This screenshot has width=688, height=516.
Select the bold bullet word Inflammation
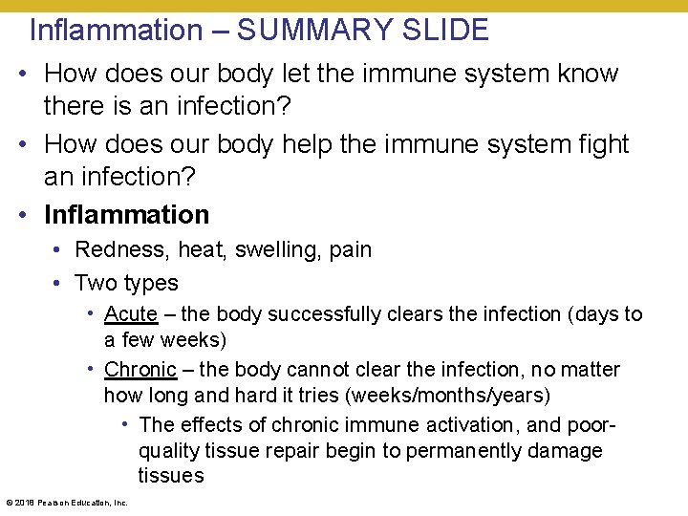tap(126, 214)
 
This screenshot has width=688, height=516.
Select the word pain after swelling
tap(349, 249)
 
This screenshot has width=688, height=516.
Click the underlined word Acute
tap(131, 313)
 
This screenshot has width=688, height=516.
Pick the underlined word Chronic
tap(140, 369)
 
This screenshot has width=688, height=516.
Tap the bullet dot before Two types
tap(58, 283)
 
